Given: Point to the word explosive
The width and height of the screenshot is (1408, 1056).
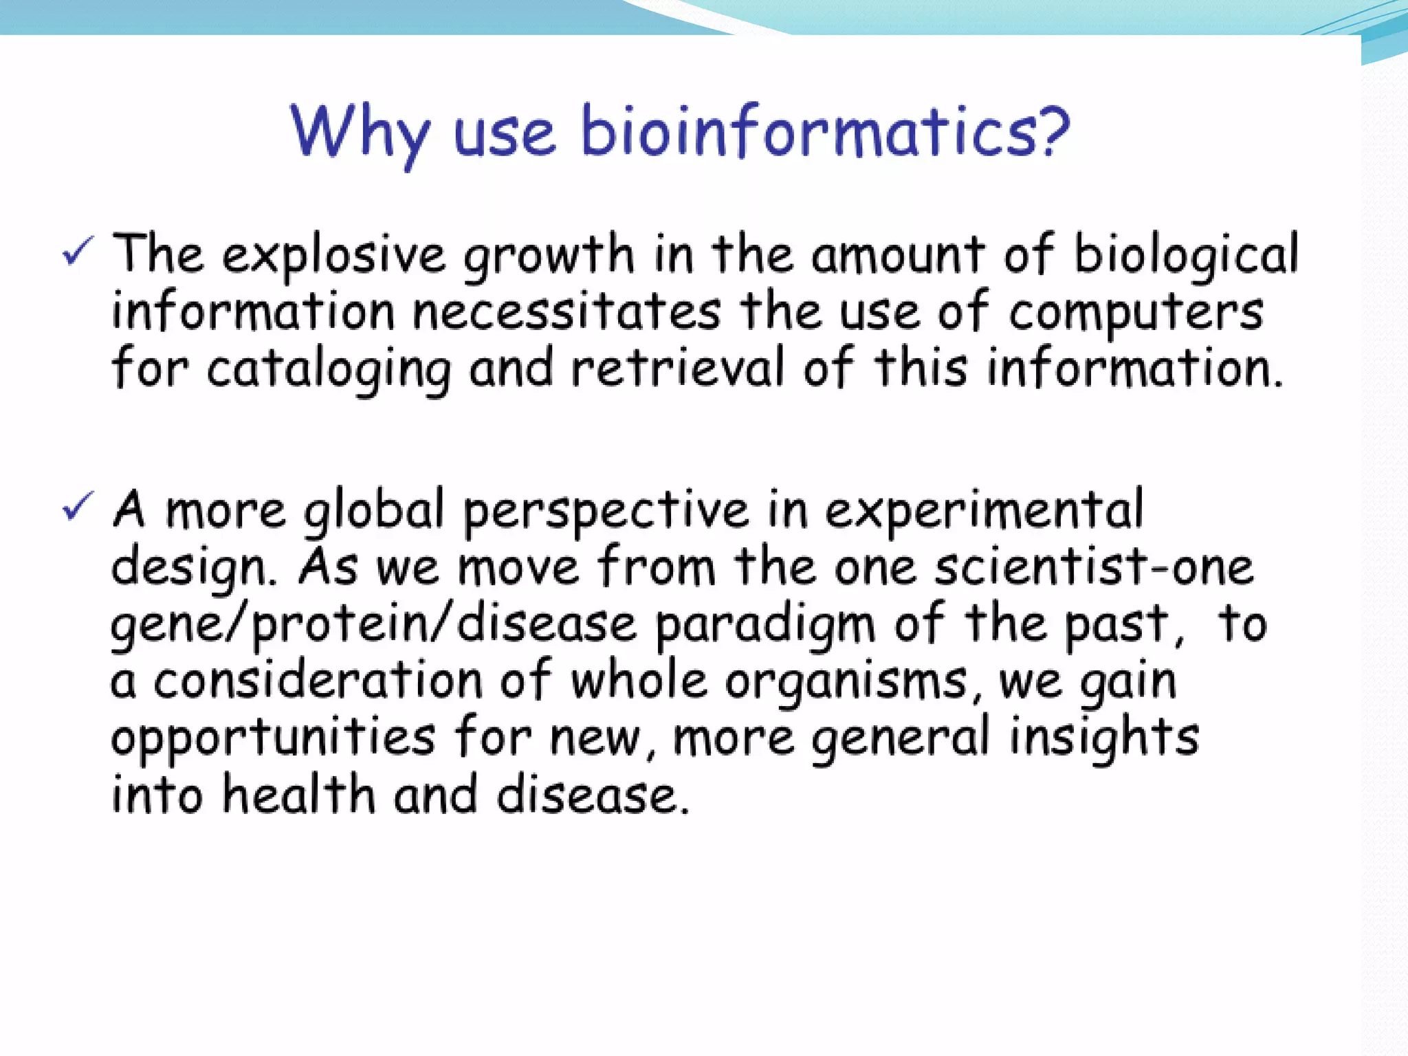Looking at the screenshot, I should pyautogui.click(x=334, y=256).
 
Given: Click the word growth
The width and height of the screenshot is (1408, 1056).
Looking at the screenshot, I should pyautogui.click(x=548, y=256).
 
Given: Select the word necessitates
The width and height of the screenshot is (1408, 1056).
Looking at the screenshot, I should pyautogui.click(x=567, y=313).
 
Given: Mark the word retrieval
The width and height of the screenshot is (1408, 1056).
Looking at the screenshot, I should pyautogui.click(x=677, y=368).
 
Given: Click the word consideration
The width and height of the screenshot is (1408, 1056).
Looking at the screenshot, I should pyautogui.click(x=318, y=681).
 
